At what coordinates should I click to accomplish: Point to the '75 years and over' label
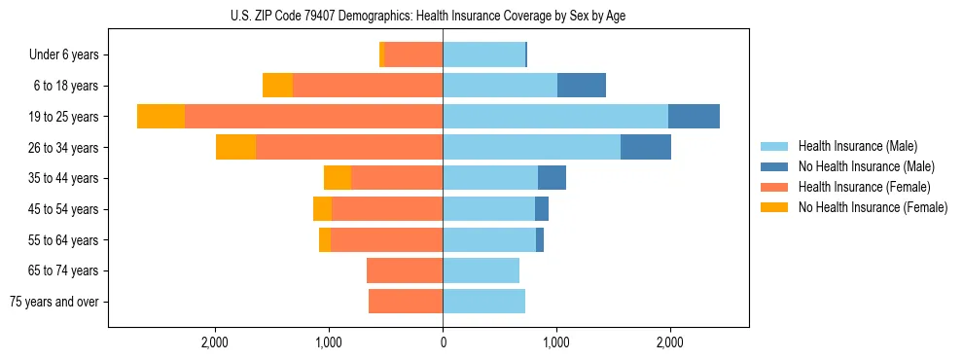(x=53, y=302)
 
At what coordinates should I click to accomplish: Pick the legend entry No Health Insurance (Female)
(x=872, y=207)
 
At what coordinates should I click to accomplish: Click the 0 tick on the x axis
(x=443, y=342)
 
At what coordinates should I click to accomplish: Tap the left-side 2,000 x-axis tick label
(x=214, y=342)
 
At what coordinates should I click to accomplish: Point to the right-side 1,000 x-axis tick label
(x=555, y=342)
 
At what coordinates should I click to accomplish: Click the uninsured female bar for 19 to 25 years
(x=160, y=117)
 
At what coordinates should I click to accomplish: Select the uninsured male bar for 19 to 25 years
(x=694, y=117)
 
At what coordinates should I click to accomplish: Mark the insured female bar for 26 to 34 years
(x=349, y=147)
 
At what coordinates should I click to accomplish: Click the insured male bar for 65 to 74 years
(x=481, y=270)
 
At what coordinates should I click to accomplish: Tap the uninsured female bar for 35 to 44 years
(x=338, y=178)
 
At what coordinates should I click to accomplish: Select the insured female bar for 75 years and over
(x=406, y=302)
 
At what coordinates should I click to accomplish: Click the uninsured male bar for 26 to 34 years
(x=646, y=147)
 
